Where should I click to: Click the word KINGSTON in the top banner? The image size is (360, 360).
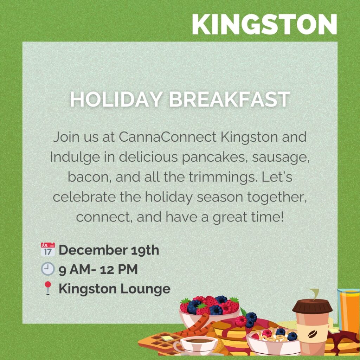[264, 24]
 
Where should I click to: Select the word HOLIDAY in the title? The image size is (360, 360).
[116, 99]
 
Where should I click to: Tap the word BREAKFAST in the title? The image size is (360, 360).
[230, 99]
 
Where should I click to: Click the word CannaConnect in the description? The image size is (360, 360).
[168, 137]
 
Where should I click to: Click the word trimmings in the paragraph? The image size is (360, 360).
[223, 178]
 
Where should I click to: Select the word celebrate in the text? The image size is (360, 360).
[84, 197]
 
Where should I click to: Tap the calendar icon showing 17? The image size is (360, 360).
[48, 249]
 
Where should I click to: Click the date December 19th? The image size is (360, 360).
[109, 250]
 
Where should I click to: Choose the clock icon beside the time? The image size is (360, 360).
[48, 269]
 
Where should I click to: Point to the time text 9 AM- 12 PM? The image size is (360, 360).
[98, 269]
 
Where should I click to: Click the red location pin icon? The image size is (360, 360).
[48, 288]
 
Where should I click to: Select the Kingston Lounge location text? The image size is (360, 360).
[115, 289]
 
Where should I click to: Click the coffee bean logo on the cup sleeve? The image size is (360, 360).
[311, 334]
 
